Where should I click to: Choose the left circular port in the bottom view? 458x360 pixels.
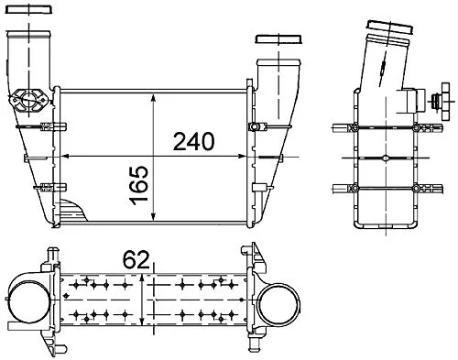point(25,303)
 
